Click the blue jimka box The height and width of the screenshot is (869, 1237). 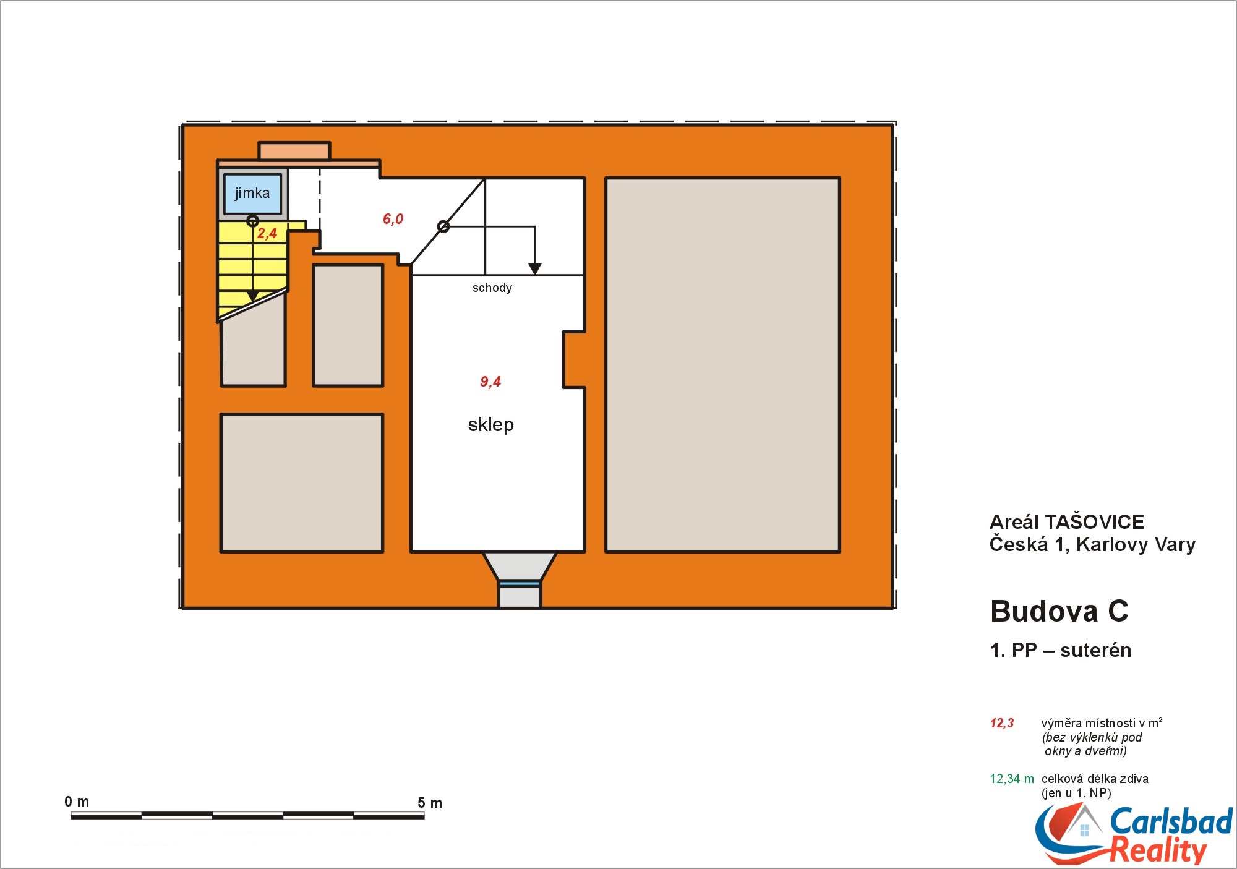(x=252, y=194)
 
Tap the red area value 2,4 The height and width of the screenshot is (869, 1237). (x=267, y=233)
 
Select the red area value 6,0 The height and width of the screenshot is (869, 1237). (x=393, y=219)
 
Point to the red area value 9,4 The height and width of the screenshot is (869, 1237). (x=490, y=382)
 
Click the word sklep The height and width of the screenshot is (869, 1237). (x=490, y=425)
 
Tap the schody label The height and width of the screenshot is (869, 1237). (x=492, y=288)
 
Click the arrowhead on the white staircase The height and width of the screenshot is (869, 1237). (x=535, y=269)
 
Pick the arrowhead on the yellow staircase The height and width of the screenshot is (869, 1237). (x=252, y=296)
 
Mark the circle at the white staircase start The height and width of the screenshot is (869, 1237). (x=443, y=227)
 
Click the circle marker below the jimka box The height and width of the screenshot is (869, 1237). (x=252, y=221)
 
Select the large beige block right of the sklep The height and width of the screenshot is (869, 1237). (x=722, y=365)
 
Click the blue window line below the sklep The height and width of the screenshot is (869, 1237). (x=520, y=583)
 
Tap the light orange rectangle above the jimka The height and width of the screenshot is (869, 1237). (x=294, y=150)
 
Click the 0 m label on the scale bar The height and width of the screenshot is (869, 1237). (x=77, y=802)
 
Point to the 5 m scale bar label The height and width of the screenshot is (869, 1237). (x=430, y=803)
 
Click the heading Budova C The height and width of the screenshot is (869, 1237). (x=1059, y=611)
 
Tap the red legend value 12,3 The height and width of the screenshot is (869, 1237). (x=1002, y=723)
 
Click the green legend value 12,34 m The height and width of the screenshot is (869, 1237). (x=1012, y=779)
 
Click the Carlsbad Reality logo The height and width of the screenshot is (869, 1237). (x=1134, y=834)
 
